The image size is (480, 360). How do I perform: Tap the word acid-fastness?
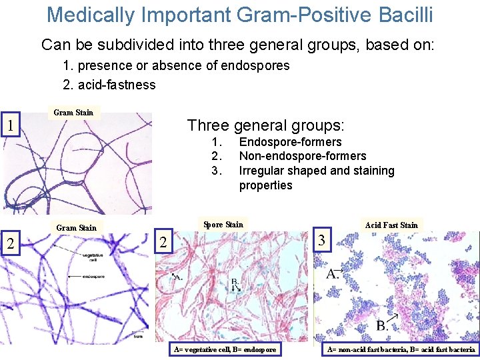click(116, 85)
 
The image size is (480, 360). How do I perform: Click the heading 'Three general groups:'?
click(266, 125)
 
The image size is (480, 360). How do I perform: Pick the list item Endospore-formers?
click(290, 141)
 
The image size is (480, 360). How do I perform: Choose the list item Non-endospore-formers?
click(303, 156)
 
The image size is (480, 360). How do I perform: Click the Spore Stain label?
click(223, 224)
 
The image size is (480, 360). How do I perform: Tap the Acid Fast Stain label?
click(391, 225)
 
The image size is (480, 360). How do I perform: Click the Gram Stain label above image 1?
click(73, 112)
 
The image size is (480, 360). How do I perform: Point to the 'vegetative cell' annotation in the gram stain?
click(91, 257)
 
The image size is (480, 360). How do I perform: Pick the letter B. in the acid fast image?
click(383, 325)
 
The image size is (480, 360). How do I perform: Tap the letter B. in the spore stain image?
click(235, 285)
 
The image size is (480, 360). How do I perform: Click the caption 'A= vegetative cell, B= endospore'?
click(225, 349)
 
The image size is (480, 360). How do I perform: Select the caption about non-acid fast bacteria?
click(401, 349)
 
